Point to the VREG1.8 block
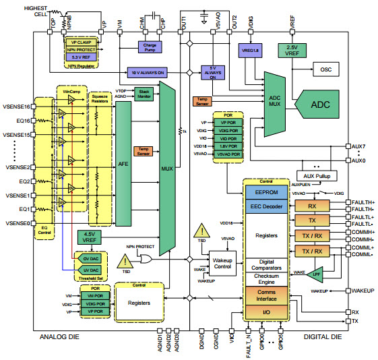pyautogui.click(x=249, y=49)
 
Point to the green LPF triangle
pyautogui.click(x=314, y=274)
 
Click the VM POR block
pyautogui.click(x=94, y=296)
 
